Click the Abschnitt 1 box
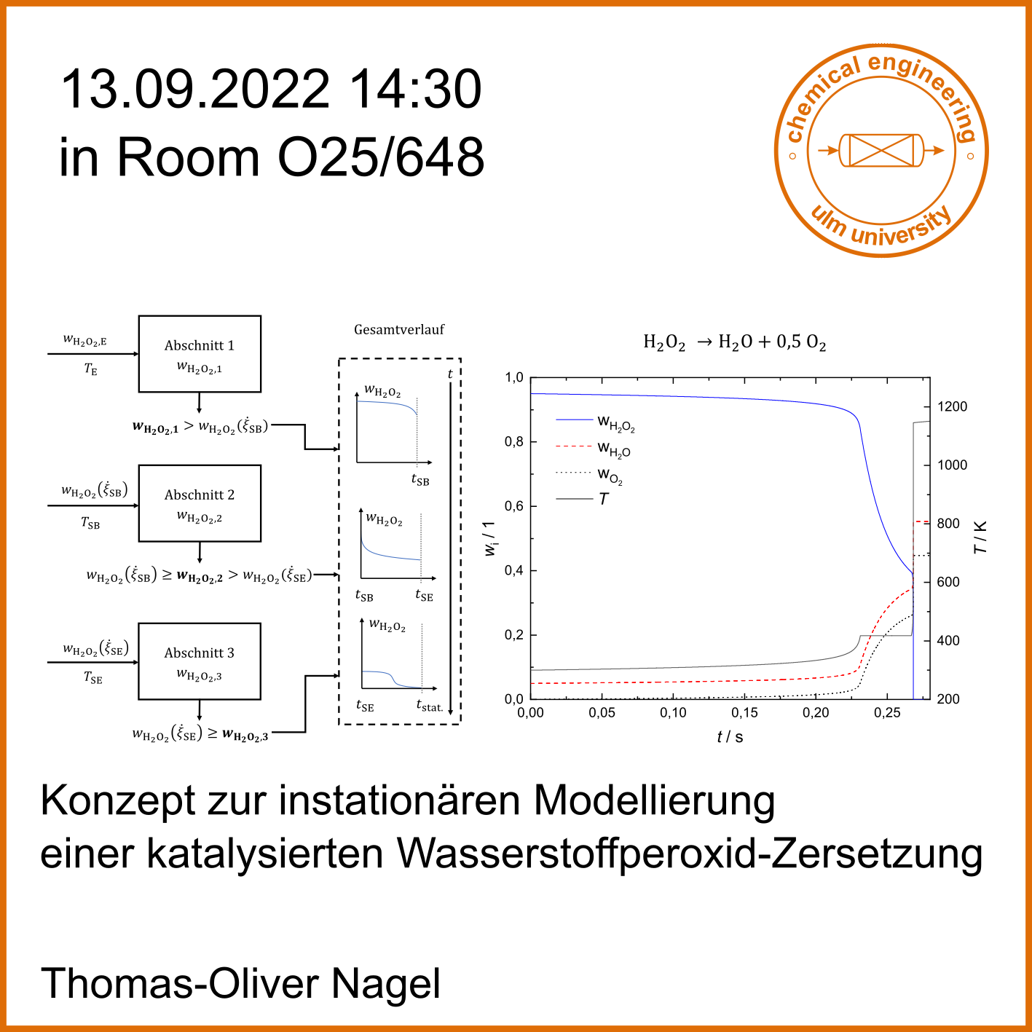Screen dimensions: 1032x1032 (x=200, y=354)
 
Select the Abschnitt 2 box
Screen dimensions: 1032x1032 (x=200, y=503)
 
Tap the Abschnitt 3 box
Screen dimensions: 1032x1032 (x=200, y=661)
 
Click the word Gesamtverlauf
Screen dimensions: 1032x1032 (x=399, y=330)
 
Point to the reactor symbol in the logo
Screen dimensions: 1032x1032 (x=881, y=151)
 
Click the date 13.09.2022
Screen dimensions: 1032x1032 (x=194, y=90)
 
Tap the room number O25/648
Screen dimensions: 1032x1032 (x=381, y=157)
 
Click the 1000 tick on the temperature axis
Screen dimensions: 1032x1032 (x=951, y=465)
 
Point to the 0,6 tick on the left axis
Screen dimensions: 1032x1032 (x=514, y=506)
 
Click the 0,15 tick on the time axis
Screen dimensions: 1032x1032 (x=744, y=713)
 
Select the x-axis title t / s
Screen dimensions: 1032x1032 (x=730, y=737)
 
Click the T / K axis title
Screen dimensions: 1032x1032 (x=980, y=537)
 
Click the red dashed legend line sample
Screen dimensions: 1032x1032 (x=574, y=446)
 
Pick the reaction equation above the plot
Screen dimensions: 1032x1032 (x=734, y=342)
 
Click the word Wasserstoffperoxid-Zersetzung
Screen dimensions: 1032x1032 (x=690, y=854)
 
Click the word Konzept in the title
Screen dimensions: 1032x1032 (x=119, y=801)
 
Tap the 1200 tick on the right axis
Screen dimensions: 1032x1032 (x=951, y=407)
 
